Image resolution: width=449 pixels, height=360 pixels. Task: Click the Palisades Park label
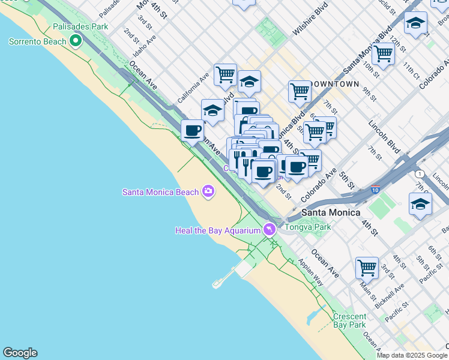point(80,27)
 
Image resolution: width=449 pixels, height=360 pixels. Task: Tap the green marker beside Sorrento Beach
point(76,41)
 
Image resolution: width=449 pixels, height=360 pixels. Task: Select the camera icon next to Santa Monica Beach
point(208,191)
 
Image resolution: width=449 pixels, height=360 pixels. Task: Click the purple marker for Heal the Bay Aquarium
point(270,230)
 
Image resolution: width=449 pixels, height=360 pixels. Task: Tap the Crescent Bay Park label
point(349,320)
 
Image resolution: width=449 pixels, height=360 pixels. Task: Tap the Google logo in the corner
point(20,353)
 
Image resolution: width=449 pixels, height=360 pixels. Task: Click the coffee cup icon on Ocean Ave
point(193,130)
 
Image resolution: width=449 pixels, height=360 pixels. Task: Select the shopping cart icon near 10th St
point(383,53)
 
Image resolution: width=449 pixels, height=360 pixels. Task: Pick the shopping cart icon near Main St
point(367,267)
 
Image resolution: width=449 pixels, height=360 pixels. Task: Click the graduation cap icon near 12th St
point(415,23)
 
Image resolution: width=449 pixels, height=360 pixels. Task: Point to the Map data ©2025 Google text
point(412,355)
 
